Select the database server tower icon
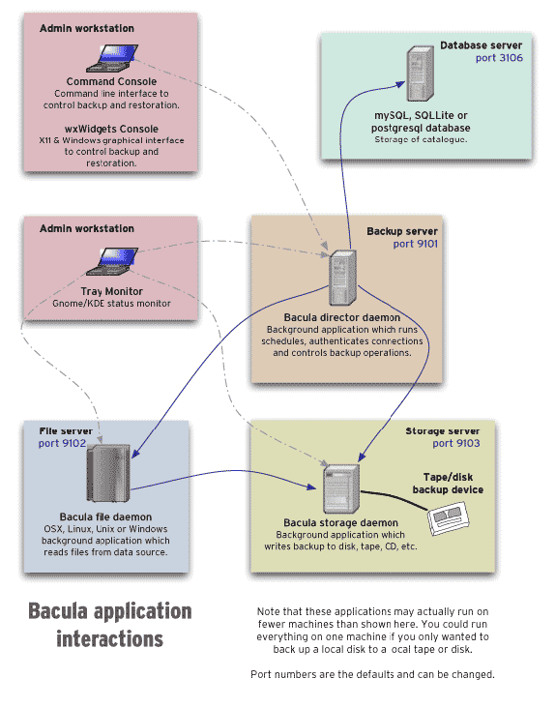point(419,76)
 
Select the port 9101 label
point(416,245)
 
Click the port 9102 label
point(62,443)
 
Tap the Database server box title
point(481,45)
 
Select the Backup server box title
point(402,231)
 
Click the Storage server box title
point(442,429)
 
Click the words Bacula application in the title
point(109,611)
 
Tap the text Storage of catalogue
point(421,140)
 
